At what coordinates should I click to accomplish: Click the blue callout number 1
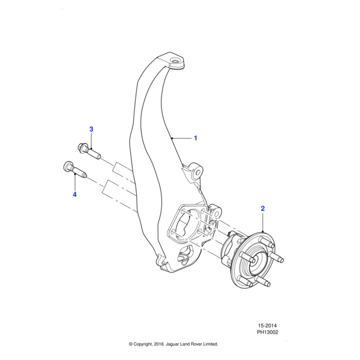(195, 138)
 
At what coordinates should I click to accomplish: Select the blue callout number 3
(91, 129)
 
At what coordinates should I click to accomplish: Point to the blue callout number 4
(75, 194)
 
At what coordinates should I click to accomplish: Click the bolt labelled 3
(88, 150)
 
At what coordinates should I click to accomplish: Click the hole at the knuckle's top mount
(176, 61)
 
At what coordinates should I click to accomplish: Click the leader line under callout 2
(262, 223)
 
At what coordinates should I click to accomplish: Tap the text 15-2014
(266, 325)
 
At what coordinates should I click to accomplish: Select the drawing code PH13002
(268, 332)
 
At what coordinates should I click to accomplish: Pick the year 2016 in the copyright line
(157, 344)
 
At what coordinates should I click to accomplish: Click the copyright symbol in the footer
(131, 344)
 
